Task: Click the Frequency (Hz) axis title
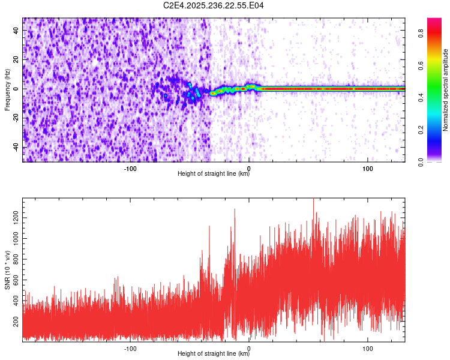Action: (7, 90)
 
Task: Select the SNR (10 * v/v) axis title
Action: (7, 270)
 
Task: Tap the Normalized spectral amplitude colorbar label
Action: (446, 90)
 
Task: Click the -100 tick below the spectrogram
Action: (130, 168)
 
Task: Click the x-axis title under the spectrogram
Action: (214, 174)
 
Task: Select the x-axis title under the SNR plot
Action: (214, 354)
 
